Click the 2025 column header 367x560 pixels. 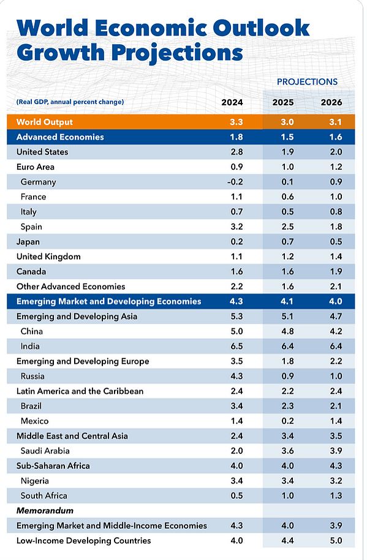282,102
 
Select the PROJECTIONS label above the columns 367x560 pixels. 307,81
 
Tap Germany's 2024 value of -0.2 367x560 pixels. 235,182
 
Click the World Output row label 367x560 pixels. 45,122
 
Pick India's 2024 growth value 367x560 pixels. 236,346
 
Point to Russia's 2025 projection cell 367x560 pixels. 287,376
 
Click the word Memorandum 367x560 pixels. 45,511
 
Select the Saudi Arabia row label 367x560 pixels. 45,451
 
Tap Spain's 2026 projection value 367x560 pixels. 336,227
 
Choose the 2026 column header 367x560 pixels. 331,102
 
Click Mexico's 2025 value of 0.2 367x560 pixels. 287,421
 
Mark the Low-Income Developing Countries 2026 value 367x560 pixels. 336,541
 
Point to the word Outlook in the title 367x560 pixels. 262,28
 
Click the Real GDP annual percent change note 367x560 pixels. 70,102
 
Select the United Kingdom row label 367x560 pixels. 48,257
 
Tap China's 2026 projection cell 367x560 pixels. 336,331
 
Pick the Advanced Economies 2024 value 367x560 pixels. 236,137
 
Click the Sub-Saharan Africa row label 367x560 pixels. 53,466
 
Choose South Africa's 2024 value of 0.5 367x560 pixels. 236,496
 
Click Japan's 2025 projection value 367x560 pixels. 287,242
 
